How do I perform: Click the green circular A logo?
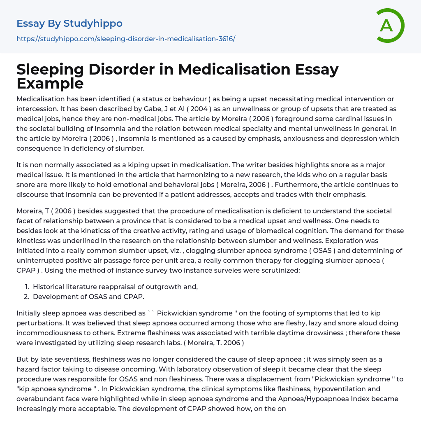(x=390, y=26)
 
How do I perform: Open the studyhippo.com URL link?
(x=126, y=39)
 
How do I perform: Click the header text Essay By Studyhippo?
(x=69, y=23)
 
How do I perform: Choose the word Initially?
(x=30, y=313)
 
